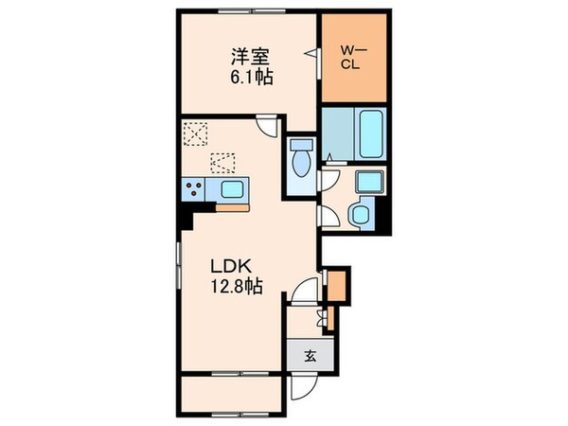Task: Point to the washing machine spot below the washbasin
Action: (x=360, y=214)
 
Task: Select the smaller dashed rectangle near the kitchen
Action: (x=222, y=162)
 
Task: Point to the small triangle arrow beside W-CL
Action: (x=310, y=55)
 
